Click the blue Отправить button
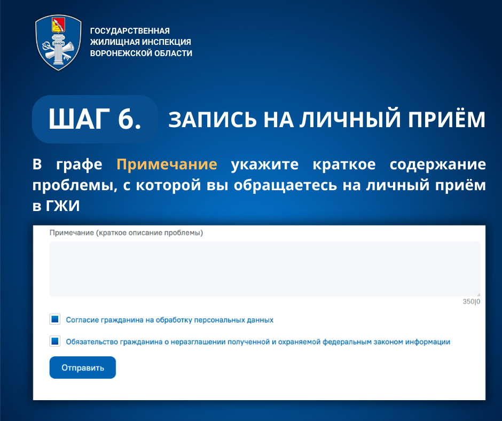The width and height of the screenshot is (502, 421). pyautogui.click(x=83, y=368)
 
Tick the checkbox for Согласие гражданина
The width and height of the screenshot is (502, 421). pyautogui.click(x=55, y=319)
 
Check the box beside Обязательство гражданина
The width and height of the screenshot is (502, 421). pyautogui.click(x=55, y=341)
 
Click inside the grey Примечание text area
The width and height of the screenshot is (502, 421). pyautogui.click(x=265, y=269)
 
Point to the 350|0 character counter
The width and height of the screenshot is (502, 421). pyautogui.click(x=471, y=301)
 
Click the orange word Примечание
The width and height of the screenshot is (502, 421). pyautogui.click(x=167, y=165)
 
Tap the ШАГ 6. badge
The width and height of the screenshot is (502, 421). pyautogui.click(x=95, y=119)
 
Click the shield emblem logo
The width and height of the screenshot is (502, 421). pyautogui.click(x=58, y=43)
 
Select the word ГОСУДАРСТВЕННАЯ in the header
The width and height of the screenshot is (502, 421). pyautogui.click(x=130, y=31)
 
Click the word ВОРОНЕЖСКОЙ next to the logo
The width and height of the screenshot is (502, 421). pyautogui.click(x=121, y=53)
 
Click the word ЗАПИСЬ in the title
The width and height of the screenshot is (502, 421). pyautogui.click(x=213, y=120)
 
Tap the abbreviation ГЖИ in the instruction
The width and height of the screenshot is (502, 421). pyautogui.click(x=63, y=206)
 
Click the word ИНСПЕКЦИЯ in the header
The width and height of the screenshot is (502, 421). pyautogui.click(x=166, y=42)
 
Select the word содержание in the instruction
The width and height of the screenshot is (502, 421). pyautogui.click(x=438, y=165)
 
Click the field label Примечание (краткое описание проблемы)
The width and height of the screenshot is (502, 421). pyautogui.click(x=126, y=232)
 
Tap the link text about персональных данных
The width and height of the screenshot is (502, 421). pyautogui.click(x=170, y=319)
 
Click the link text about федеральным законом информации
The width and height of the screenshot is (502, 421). pyautogui.click(x=258, y=342)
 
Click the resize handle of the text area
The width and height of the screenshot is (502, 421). pyautogui.click(x=479, y=294)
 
